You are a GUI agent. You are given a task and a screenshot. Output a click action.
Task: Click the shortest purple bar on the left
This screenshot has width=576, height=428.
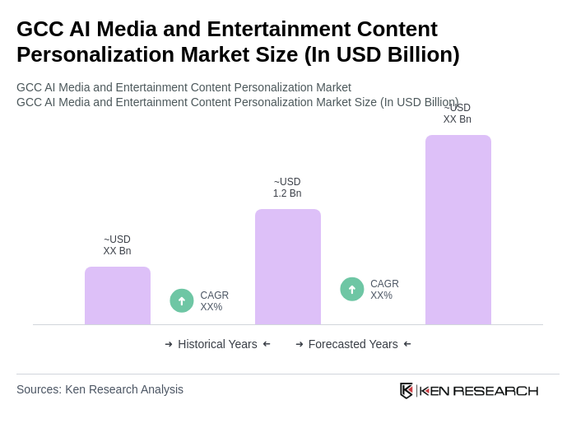[x=117, y=295]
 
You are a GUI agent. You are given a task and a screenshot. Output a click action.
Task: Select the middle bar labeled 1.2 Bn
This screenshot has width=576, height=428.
[x=287, y=267]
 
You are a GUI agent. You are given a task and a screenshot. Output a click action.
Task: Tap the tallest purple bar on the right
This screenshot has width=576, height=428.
[x=458, y=230]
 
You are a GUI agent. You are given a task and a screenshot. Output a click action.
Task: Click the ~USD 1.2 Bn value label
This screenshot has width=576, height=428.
[x=287, y=188]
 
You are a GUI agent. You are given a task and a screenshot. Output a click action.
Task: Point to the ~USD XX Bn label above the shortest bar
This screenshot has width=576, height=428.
[x=117, y=245]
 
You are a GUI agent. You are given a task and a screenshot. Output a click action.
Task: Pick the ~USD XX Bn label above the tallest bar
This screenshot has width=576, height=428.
[x=458, y=114]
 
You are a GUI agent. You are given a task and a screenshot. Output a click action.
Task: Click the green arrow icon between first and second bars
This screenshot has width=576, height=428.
[x=182, y=300]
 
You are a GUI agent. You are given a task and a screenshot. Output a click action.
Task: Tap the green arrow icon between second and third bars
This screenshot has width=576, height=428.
[x=352, y=289]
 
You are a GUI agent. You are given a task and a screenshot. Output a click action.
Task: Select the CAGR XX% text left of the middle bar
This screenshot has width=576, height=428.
[x=214, y=301]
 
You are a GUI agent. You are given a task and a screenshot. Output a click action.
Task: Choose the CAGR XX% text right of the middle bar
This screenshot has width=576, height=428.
[x=384, y=290]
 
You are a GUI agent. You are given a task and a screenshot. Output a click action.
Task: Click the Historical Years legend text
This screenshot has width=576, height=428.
[x=217, y=344]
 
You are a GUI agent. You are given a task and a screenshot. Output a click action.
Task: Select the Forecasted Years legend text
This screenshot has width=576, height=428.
[x=353, y=344]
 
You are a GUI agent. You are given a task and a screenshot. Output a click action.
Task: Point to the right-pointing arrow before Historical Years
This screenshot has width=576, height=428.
[x=169, y=344]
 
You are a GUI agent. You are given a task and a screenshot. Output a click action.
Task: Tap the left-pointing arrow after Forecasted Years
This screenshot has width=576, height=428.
[x=407, y=344]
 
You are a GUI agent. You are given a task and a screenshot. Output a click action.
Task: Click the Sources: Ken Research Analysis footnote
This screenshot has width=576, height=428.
[x=100, y=389]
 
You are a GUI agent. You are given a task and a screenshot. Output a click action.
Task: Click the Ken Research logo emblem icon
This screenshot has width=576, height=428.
[x=406, y=390]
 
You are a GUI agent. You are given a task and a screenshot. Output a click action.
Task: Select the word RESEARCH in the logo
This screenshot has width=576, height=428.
[x=495, y=390]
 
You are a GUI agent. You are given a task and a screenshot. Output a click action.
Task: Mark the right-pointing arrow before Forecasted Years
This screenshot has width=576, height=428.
[x=300, y=344]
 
